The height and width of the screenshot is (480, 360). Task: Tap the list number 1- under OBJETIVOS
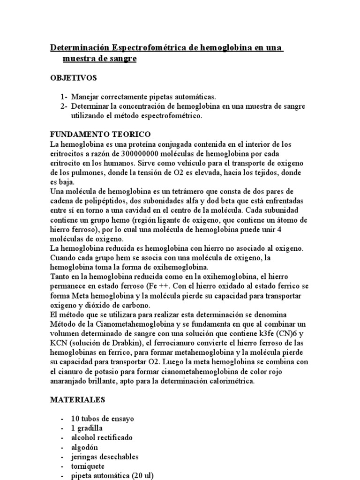tap(64, 97)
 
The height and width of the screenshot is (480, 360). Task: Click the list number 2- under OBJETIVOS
tap(64, 106)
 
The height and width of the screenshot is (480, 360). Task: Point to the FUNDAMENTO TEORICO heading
tap(100, 135)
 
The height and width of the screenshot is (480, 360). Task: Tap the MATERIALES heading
tap(77, 400)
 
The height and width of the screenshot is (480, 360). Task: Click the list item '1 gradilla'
tap(87, 428)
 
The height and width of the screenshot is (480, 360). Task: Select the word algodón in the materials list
tap(85, 447)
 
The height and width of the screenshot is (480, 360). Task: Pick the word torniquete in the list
tap(88, 466)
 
